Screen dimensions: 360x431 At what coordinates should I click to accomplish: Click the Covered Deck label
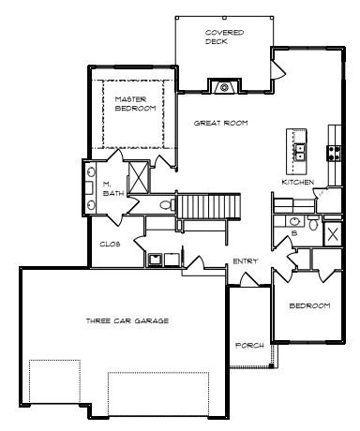(x=224, y=37)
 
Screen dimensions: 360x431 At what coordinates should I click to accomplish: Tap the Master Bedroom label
(x=135, y=104)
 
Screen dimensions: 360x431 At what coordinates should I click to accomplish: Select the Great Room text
(x=221, y=123)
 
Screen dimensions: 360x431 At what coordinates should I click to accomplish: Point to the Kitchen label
(x=298, y=182)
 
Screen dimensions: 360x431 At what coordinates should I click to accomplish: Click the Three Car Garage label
(x=127, y=320)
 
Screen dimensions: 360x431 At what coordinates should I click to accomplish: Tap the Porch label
(x=249, y=346)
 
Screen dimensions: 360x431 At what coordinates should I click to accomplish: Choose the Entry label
(x=246, y=261)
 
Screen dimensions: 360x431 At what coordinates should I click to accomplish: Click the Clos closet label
(x=110, y=245)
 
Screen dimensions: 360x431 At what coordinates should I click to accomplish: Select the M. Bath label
(x=113, y=189)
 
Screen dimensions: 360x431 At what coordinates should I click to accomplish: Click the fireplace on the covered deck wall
(x=224, y=86)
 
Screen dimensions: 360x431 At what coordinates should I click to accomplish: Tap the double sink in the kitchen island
(x=299, y=152)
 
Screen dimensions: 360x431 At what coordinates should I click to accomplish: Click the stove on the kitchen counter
(x=334, y=154)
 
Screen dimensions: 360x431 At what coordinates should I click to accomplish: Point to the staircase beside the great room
(x=209, y=206)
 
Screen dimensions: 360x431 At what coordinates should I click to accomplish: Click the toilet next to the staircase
(x=168, y=205)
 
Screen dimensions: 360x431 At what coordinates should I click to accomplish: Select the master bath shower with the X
(x=138, y=176)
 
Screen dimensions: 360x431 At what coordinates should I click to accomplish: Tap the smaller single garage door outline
(x=54, y=381)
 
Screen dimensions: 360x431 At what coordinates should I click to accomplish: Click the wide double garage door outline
(x=158, y=394)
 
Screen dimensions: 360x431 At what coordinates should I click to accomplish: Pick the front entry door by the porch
(x=249, y=279)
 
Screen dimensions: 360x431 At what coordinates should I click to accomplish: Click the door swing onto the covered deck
(x=278, y=69)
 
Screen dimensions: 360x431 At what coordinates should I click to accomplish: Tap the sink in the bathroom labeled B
(x=294, y=222)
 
